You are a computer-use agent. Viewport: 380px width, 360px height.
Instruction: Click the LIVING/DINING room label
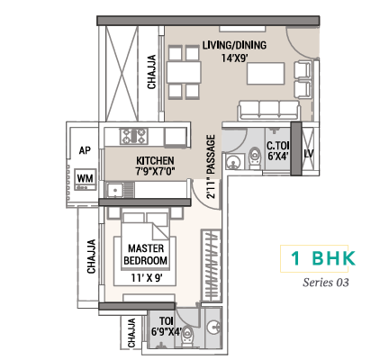click(x=234, y=45)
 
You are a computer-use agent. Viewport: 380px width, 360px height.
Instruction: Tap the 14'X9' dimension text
click(x=234, y=58)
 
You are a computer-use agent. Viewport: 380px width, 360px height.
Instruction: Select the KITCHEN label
click(x=155, y=160)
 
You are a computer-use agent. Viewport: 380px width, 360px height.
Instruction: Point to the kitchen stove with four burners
click(x=134, y=136)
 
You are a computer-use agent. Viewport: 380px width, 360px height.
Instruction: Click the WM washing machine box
click(x=86, y=179)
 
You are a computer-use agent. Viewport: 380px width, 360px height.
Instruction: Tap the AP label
click(x=85, y=150)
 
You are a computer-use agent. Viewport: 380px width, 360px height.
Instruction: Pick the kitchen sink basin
click(x=114, y=189)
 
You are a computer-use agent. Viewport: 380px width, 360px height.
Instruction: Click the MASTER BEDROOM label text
click(x=146, y=255)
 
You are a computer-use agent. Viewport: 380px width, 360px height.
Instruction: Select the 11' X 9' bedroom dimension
click(x=147, y=278)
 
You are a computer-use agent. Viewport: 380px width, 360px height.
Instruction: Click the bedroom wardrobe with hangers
click(x=211, y=265)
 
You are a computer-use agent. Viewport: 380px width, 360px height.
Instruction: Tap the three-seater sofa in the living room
click(x=269, y=111)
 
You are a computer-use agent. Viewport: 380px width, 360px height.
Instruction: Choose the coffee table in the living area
click(x=266, y=74)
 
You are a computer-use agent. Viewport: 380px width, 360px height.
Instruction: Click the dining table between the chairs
click(x=184, y=72)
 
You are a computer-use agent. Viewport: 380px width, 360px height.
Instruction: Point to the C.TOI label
click(x=278, y=146)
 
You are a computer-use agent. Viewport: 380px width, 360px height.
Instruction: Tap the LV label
click(x=309, y=154)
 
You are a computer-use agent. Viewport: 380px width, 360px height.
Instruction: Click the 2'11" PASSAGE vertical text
click(x=211, y=166)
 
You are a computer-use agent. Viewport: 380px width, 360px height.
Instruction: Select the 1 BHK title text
click(x=323, y=258)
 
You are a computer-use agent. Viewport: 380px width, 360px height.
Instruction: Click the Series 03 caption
click(x=326, y=283)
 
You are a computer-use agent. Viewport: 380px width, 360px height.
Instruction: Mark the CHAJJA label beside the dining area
click(x=151, y=72)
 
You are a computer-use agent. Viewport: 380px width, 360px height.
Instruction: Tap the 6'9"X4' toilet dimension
click(x=167, y=332)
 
